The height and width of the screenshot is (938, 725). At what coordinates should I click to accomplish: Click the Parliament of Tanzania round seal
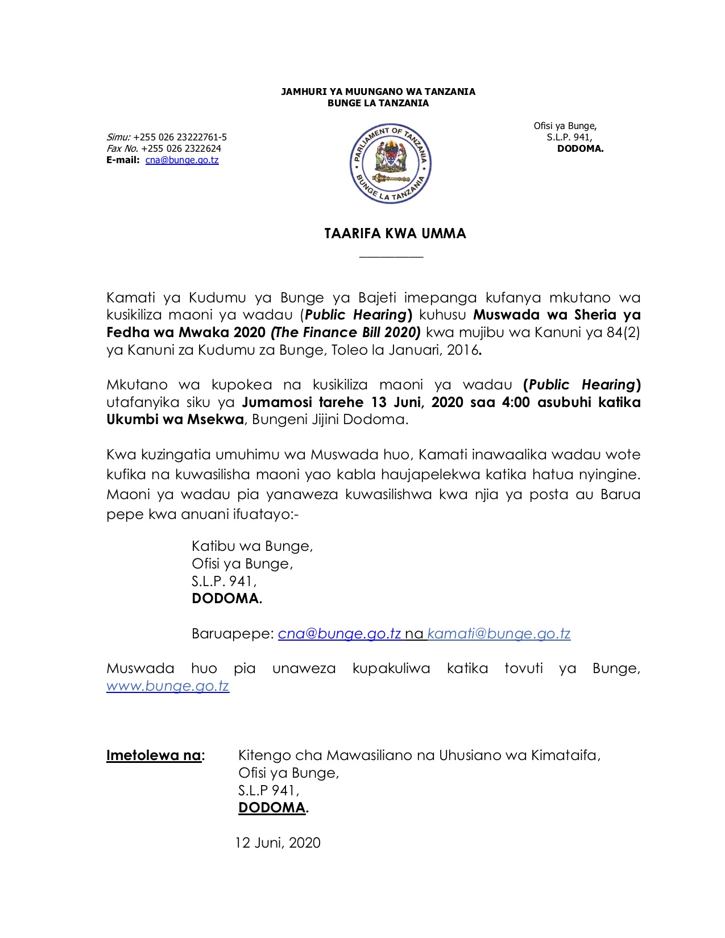[x=390, y=163]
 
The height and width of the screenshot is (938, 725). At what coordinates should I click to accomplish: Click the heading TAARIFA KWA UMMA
[x=395, y=234]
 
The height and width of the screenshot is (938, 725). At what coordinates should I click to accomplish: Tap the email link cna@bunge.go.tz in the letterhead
[x=182, y=160]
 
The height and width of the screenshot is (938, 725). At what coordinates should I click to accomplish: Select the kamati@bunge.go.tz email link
[x=499, y=634]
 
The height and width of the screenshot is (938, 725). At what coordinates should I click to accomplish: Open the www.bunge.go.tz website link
[x=168, y=686]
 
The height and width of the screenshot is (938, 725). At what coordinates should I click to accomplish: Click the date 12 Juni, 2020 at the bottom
[x=278, y=842]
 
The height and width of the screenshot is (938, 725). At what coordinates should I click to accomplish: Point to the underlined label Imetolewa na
[x=154, y=756]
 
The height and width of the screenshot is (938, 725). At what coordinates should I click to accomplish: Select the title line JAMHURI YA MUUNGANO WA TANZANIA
[x=378, y=92]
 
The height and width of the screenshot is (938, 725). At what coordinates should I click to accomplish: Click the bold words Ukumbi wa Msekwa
[x=175, y=420]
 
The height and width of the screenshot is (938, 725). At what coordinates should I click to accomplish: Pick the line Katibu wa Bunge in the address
[x=252, y=546]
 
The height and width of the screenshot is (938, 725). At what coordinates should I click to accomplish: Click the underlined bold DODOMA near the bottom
[x=272, y=808]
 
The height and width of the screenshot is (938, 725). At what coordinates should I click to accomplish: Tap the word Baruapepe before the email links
[x=233, y=634]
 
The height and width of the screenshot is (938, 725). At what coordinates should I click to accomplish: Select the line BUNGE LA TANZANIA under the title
[x=378, y=103]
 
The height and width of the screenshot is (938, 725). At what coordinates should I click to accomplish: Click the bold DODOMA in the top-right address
[x=580, y=149]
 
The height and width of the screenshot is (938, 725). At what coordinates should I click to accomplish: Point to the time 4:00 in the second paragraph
[x=516, y=402]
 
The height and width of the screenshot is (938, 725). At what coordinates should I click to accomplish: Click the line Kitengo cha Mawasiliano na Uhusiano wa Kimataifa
[x=419, y=756]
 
